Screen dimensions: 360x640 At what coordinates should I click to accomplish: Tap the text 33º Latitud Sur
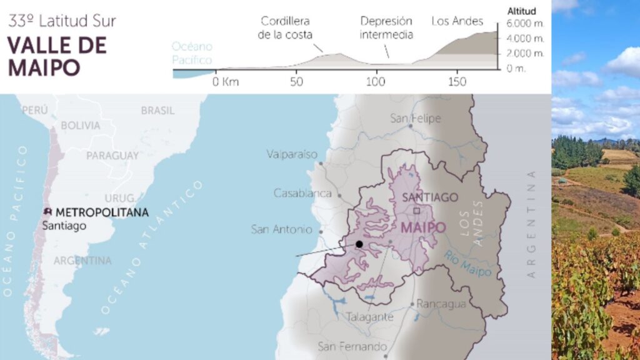pyautogui.click(x=62, y=21)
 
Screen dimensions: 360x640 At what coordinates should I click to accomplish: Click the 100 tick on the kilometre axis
pyautogui.click(x=376, y=82)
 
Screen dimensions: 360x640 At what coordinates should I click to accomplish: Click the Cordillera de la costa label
pyautogui.click(x=285, y=27)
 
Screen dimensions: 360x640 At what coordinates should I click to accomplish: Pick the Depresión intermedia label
pyautogui.click(x=386, y=27)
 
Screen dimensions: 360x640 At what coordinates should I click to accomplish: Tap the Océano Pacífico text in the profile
pyautogui.click(x=192, y=54)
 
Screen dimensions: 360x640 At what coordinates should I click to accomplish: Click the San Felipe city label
pyautogui.click(x=415, y=118)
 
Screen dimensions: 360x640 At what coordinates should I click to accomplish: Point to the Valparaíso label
pyautogui.click(x=292, y=154)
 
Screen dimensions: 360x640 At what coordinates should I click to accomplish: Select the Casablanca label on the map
pyautogui.click(x=302, y=193)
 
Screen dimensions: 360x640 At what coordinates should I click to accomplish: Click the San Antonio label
pyautogui.click(x=281, y=229)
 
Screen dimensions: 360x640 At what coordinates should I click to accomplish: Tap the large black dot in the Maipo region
pyautogui.click(x=359, y=244)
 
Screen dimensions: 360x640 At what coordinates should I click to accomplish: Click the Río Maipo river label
pyautogui.click(x=468, y=262)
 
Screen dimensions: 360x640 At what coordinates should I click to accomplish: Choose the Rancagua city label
pyautogui.click(x=441, y=304)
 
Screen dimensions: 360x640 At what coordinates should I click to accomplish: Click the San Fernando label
pyautogui.click(x=352, y=346)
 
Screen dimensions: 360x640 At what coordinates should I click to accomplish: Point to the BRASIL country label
pyautogui.click(x=157, y=110)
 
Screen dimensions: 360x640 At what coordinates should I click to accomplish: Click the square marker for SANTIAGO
pyautogui.click(x=417, y=211)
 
